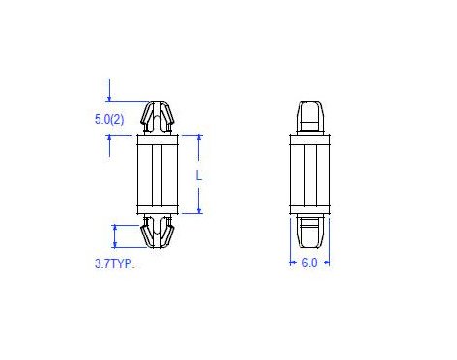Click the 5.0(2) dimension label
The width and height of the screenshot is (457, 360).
(108, 119)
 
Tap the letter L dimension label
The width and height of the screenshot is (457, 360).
(198, 175)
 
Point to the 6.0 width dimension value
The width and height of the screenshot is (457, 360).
(309, 263)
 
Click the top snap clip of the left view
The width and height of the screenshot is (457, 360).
(158, 117)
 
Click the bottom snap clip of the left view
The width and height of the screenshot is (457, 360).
(158, 232)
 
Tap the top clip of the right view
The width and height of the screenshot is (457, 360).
(309, 117)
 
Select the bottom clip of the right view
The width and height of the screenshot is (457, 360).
(309, 232)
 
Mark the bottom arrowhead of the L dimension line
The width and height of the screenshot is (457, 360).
(199, 210)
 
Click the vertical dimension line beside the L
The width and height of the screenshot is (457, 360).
(199, 154)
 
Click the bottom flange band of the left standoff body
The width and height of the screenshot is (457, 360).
(158, 208)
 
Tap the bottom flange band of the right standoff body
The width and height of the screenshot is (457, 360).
(309, 208)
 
